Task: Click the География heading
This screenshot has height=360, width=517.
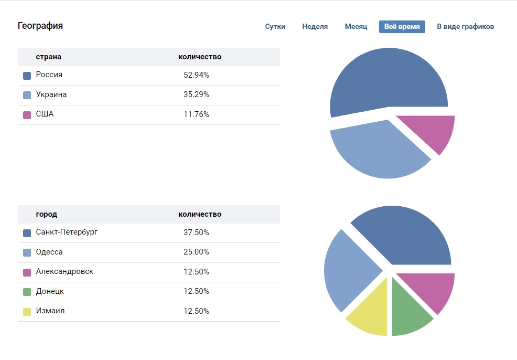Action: coord(40,26)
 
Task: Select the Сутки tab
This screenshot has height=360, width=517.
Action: coord(275,27)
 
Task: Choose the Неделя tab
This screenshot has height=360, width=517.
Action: coord(315,27)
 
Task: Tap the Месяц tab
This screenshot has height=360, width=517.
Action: coord(356,27)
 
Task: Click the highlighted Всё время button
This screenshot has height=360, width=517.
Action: coord(402,27)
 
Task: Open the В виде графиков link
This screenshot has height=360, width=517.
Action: coord(465,27)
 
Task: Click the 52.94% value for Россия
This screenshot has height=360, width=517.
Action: coord(196,75)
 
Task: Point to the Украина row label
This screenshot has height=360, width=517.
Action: coord(51,95)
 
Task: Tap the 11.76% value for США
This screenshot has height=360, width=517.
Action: coord(196,114)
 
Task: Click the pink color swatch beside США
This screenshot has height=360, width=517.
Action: coord(27,115)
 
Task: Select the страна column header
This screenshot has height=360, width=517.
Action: coord(45,57)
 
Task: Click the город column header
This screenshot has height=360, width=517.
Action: coord(47,214)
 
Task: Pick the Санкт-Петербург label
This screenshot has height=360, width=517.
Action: coord(67,232)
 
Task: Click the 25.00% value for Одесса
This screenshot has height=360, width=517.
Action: coord(196,252)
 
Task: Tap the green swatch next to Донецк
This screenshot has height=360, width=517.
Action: coord(27,292)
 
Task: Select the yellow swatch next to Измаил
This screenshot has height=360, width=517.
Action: coord(27,312)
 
